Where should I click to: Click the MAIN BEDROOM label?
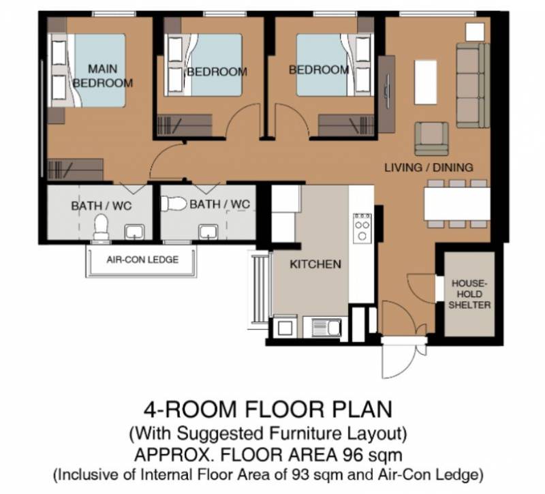click(x=103, y=76)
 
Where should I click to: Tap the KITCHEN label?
click(x=315, y=264)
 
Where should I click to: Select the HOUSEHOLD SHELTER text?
click(x=469, y=294)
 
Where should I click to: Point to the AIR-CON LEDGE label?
click(x=142, y=260)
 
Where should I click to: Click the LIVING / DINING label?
click(x=429, y=168)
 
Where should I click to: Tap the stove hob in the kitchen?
click(x=362, y=228)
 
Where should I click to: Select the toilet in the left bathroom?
click(x=101, y=228)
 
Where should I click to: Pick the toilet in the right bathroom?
click(x=174, y=204)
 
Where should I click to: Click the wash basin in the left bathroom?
click(x=134, y=232)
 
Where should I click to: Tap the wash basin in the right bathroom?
click(x=208, y=232)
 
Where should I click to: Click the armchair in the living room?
click(x=431, y=138)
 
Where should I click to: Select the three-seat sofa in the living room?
click(x=473, y=85)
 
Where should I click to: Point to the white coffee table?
click(x=426, y=82)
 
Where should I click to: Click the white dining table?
click(x=456, y=204)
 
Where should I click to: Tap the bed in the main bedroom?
click(x=89, y=70)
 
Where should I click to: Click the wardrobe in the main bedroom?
click(x=76, y=170)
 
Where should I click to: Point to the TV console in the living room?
click(x=386, y=94)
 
